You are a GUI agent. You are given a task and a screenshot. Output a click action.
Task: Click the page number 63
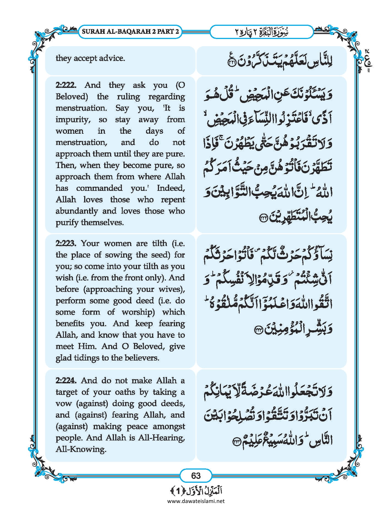click(x=196, y=475)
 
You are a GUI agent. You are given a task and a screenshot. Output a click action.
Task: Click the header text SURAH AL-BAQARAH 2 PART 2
click(x=130, y=32)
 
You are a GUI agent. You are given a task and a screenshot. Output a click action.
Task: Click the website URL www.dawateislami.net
click(x=196, y=501)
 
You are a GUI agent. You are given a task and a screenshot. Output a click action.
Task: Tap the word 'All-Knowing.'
click(x=81, y=450)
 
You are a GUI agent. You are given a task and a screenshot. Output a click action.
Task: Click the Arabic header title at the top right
click(x=262, y=32)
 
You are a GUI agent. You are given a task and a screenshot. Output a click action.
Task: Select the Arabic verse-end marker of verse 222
click(x=264, y=219)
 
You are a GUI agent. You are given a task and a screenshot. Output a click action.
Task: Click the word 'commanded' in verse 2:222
click(x=99, y=188)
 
